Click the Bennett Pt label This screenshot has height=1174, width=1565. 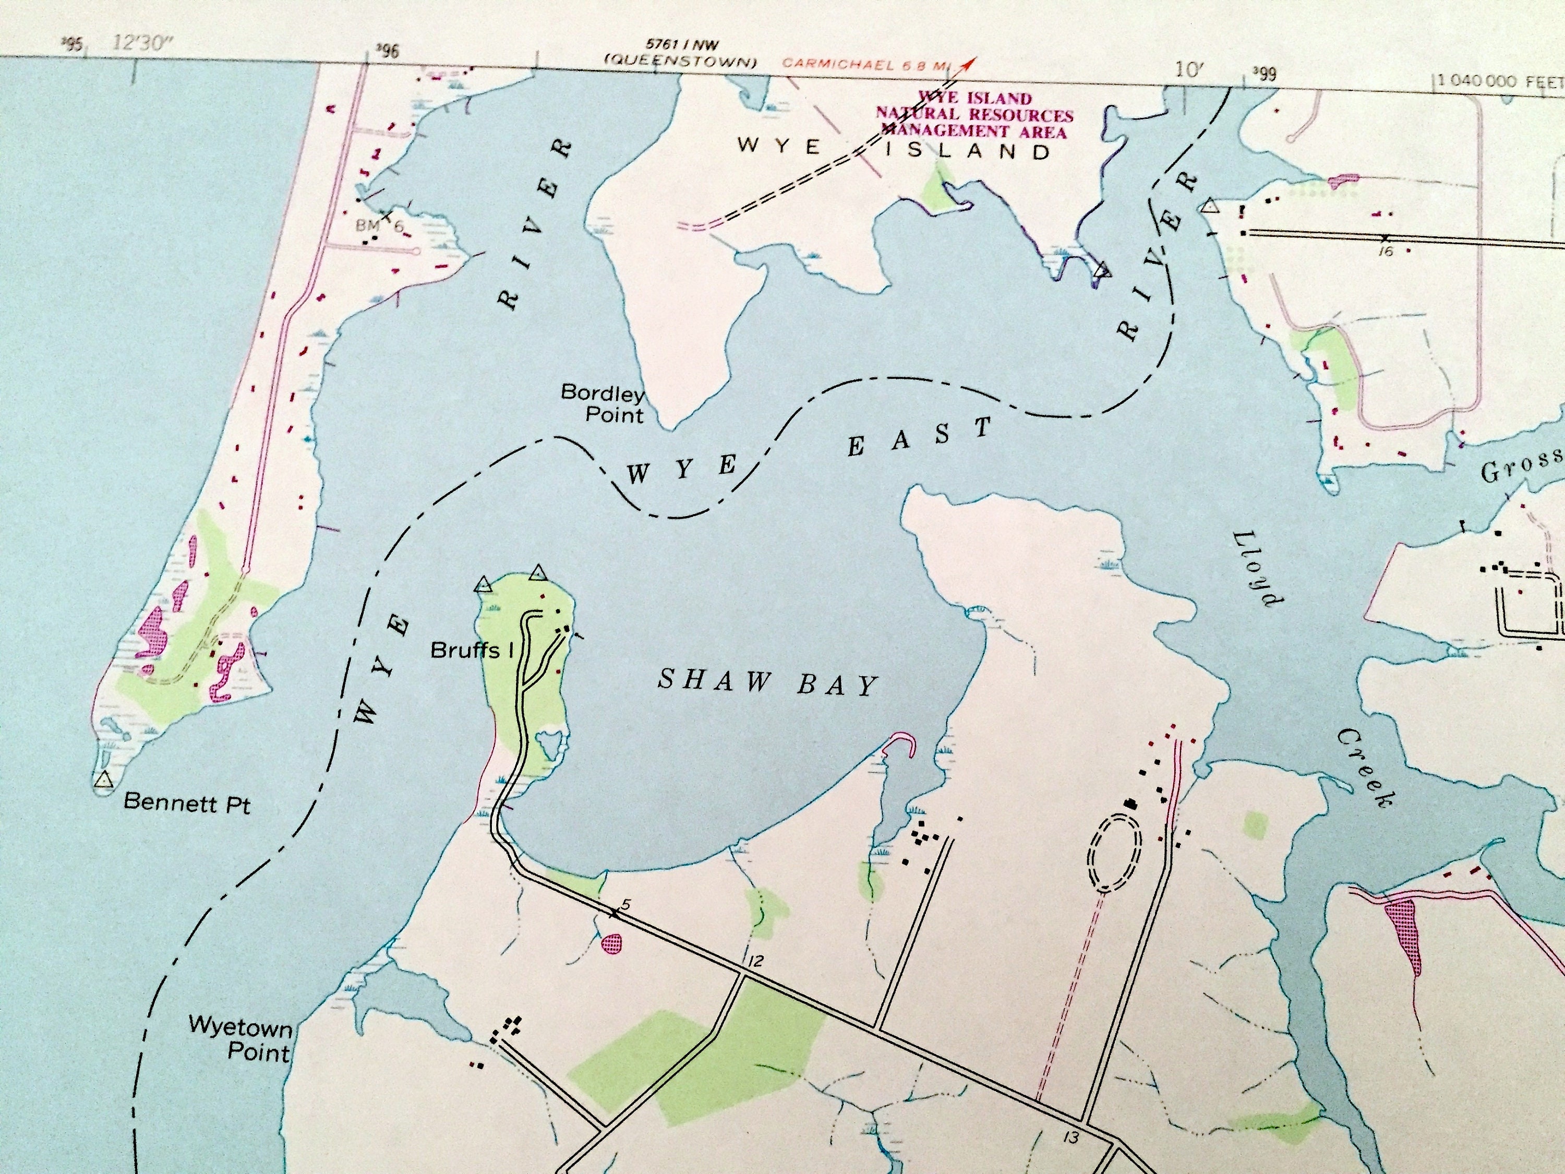187,803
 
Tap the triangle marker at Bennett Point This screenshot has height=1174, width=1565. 103,781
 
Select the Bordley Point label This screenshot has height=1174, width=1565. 603,403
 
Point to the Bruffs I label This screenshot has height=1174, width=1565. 472,650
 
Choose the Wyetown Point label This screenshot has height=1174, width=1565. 240,1038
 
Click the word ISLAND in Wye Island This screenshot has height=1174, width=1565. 967,151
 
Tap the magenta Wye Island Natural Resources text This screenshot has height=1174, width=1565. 974,115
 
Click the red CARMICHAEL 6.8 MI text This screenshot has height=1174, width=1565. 864,64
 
